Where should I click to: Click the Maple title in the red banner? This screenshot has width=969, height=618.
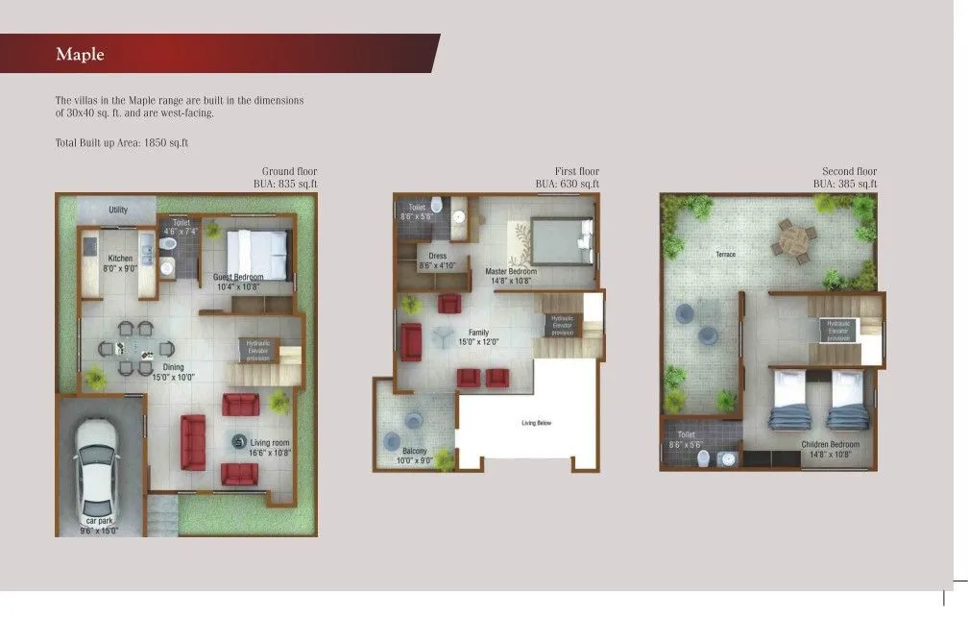coord(80,55)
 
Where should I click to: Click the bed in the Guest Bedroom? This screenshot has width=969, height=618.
coord(256,254)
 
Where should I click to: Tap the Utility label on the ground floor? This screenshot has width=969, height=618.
coord(118,210)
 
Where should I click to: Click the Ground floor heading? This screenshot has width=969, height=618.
coord(289,172)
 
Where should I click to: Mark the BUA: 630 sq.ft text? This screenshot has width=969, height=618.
coord(567,184)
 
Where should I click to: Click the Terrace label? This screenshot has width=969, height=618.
coord(725,255)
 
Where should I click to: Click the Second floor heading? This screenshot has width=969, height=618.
coord(849,172)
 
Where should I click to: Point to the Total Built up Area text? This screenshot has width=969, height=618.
coord(122,143)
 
